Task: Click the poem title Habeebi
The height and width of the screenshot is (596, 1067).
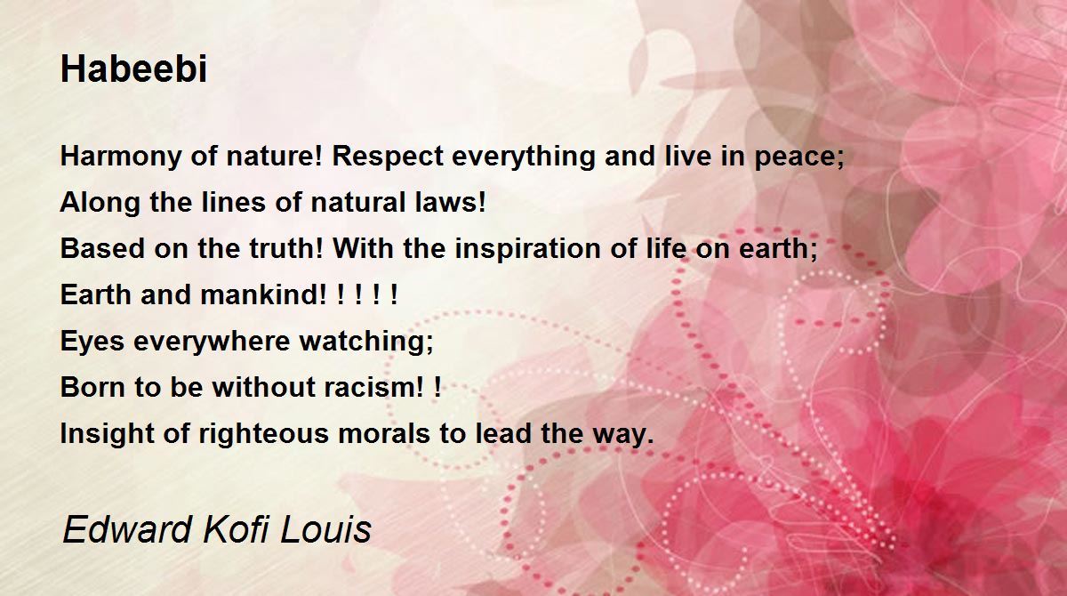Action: point(134,69)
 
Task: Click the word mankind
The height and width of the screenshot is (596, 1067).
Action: point(259,294)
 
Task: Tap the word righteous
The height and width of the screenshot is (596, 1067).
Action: point(263,434)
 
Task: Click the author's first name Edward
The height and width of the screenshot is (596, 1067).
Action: point(126,529)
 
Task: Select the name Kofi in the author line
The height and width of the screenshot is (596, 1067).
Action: point(237,529)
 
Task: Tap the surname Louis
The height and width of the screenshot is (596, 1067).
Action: point(326,529)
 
